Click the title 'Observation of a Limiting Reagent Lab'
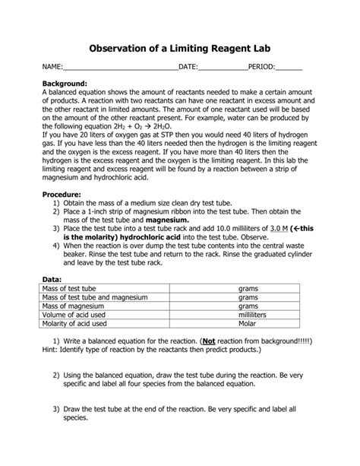[x=179, y=46]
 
